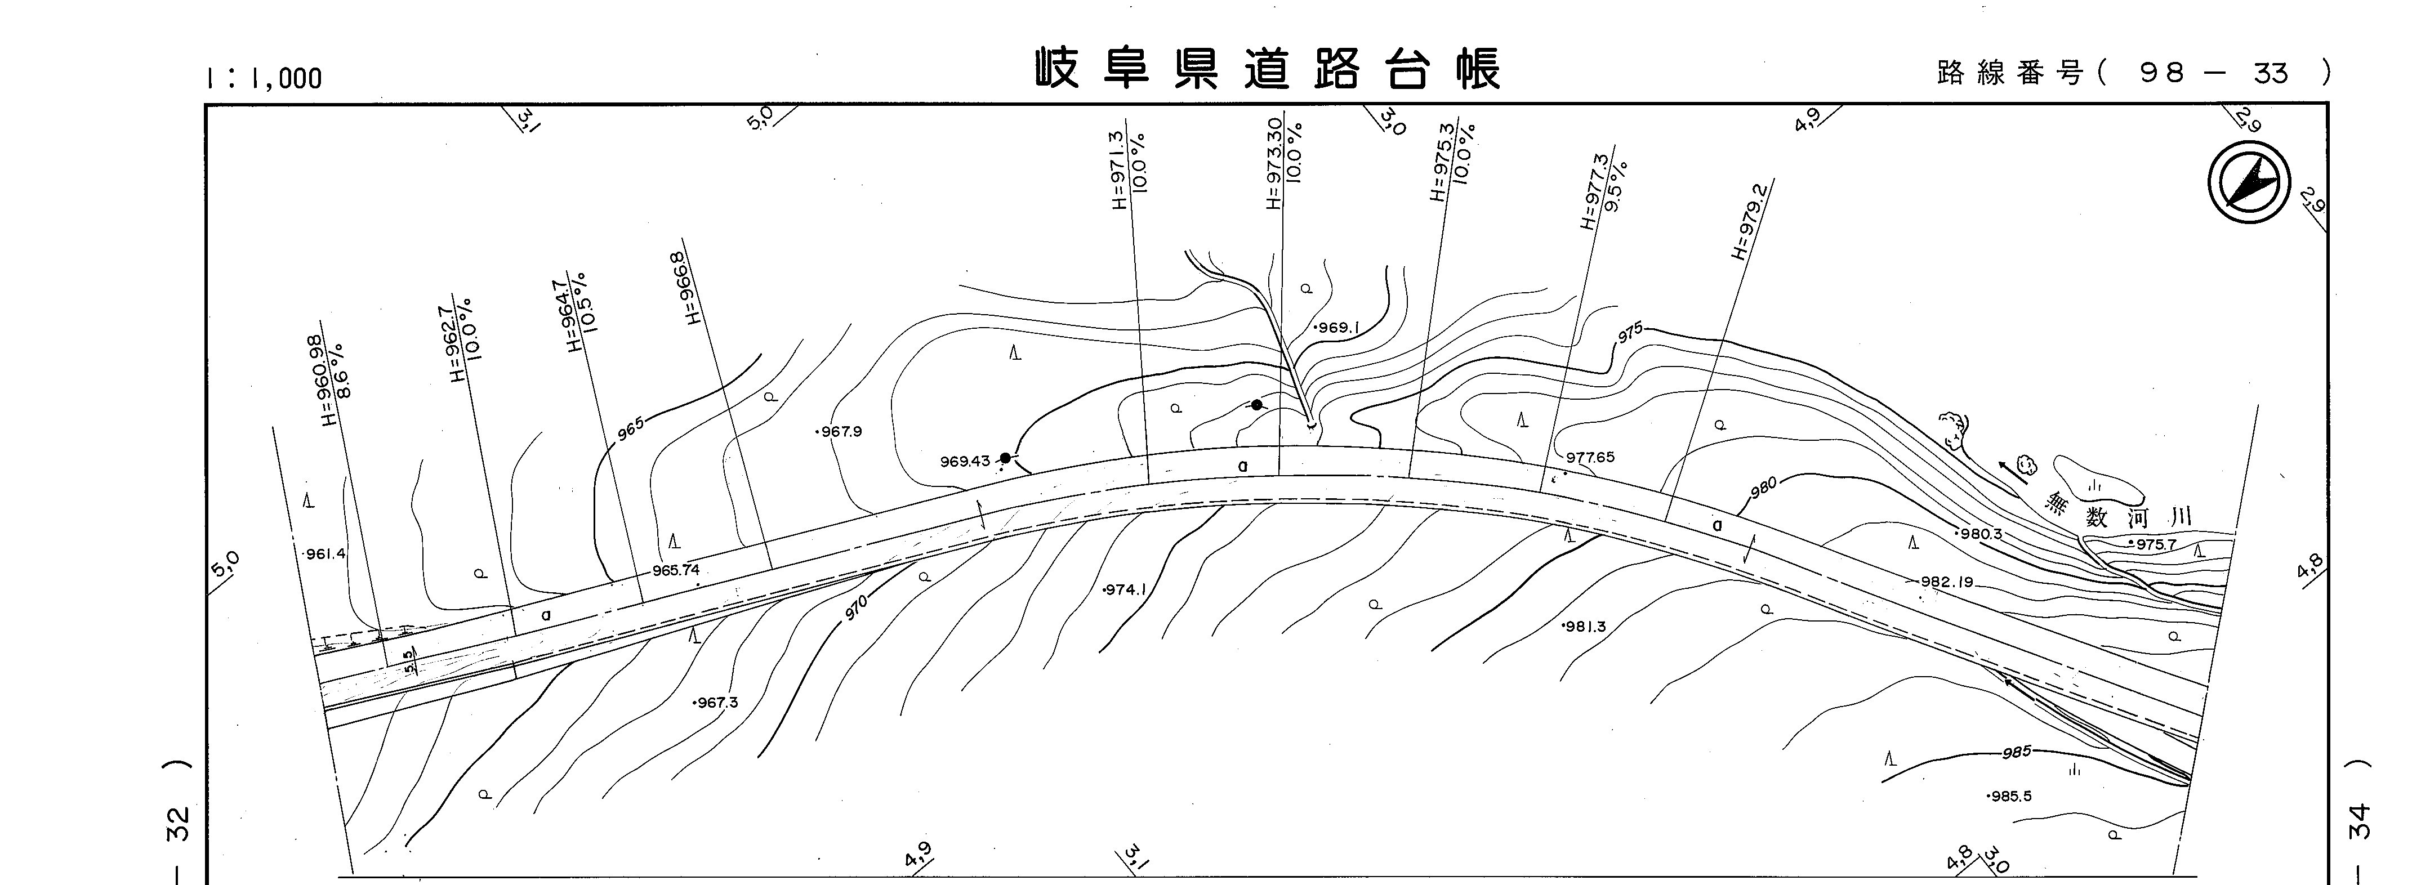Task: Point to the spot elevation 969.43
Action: coord(965,461)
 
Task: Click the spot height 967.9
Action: coord(839,432)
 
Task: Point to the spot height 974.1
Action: coord(1125,590)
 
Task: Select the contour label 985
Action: coord(2016,752)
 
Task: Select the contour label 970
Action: coord(856,608)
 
